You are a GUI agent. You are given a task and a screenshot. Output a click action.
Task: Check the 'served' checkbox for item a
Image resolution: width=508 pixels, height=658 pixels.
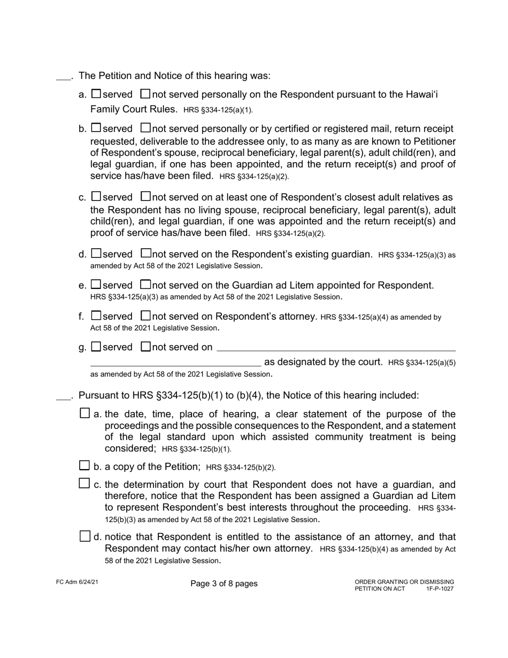click(x=96, y=94)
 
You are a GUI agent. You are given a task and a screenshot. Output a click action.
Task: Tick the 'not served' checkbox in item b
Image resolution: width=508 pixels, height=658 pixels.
click(x=145, y=128)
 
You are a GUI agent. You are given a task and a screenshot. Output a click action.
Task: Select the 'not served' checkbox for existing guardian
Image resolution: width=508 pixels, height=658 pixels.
click(x=145, y=253)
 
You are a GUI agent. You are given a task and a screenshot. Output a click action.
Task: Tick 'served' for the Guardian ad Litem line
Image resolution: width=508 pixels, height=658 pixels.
click(x=96, y=285)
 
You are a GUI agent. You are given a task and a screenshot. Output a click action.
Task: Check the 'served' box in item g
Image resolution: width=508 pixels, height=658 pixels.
click(x=96, y=346)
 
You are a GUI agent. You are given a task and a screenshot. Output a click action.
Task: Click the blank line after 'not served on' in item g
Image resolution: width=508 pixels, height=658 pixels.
click(x=336, y=348)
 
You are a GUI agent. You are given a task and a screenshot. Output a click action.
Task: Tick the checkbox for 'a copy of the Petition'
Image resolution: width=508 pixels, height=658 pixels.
click(x=84, y=465)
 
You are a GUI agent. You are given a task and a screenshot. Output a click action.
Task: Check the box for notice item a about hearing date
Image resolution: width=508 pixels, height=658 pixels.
click(x=84, y=413)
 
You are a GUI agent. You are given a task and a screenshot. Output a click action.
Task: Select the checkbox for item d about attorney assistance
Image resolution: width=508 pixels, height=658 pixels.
click(x=84, y=536)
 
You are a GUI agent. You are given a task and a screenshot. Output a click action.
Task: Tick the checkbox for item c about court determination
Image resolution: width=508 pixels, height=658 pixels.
click(x=84, y=484)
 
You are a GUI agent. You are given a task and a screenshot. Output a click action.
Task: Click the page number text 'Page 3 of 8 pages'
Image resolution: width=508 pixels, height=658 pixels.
click(x=224, y=584)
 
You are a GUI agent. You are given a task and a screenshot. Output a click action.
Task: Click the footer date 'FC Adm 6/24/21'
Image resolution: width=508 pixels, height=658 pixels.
click(x=77, y=582)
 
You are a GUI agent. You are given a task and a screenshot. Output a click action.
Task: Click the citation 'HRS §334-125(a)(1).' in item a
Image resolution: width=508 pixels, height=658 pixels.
click(x=218, y=110)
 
